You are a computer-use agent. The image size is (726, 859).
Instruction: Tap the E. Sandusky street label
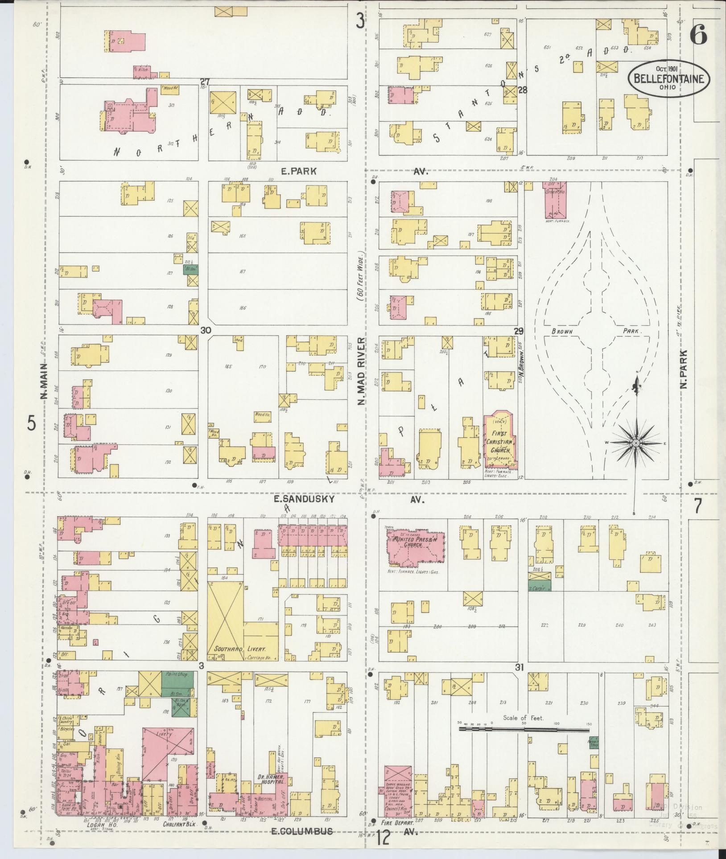click(304, 499)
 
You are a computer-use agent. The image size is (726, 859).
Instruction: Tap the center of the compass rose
click(635, 443)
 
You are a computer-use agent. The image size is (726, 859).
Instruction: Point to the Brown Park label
click(597, 332)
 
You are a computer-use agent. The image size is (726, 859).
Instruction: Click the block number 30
click(205, 330)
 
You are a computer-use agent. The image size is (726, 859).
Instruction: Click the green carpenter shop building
click(540, 586)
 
